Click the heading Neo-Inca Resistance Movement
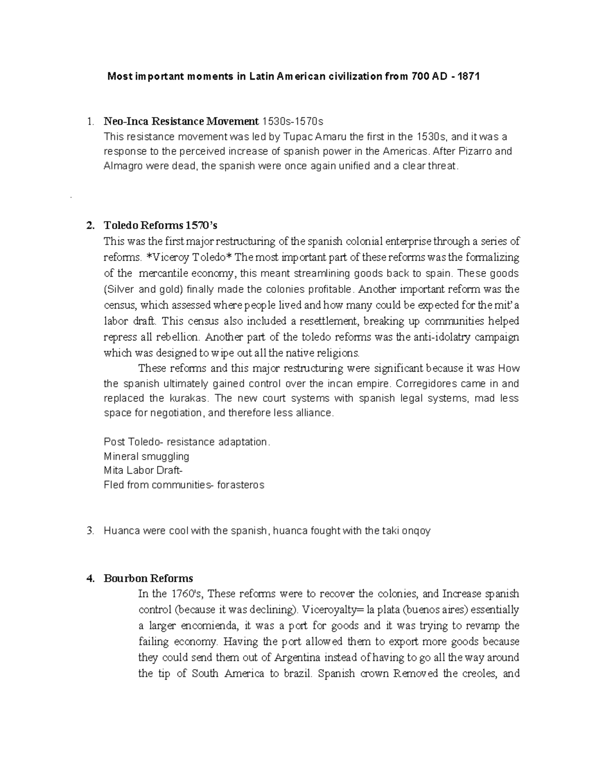pos(181,121)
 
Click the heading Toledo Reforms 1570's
pos(160,226)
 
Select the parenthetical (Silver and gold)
pos(142,289)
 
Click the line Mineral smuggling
pos(146,456)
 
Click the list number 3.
pos(89,531)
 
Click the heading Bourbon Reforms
pos(148,578)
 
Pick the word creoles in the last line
pos(479,673)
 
